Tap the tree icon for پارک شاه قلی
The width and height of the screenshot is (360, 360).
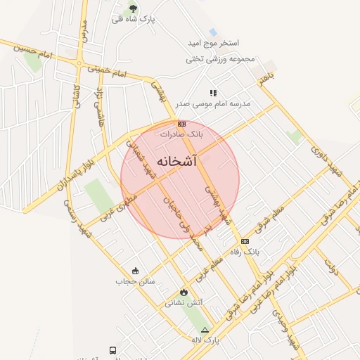pos(133,8)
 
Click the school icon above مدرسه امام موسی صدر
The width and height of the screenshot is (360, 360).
pos(213,93)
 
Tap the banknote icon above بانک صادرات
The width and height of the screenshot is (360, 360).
pos(181,124)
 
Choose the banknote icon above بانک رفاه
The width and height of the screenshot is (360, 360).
pos(245,241)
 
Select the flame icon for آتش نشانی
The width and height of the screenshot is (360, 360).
pos(184,292)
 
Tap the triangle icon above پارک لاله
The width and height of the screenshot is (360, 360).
pos(205,329)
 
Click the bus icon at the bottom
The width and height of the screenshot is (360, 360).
pos(112,350)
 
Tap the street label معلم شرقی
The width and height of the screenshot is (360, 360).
pos(267,219)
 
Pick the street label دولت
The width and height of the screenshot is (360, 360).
pos(333,266)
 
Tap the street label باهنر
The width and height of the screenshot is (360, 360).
pos(264,79)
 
